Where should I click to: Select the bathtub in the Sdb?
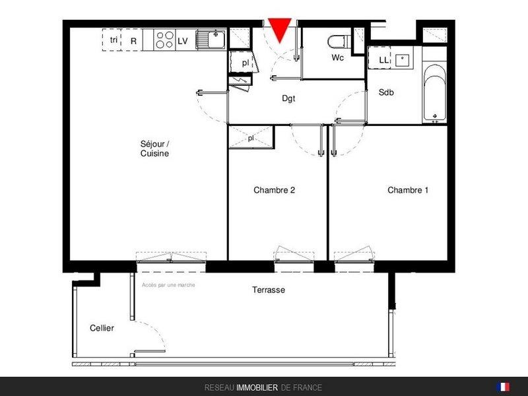coord(435,92)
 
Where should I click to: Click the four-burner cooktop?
coord(164,40)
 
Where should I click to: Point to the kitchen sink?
coord(211,40)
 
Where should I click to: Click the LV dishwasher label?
coord(183,41)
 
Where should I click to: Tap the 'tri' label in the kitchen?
coord(114,40)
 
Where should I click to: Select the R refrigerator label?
coord(134,41)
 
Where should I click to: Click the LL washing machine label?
coord(383,60)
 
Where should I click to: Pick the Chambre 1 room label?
coord(408,190)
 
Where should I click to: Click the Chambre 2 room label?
coord(274,190)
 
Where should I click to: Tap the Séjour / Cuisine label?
coord(155,148)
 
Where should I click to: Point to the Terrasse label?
coord(269,290)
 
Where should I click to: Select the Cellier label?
coord(102,328)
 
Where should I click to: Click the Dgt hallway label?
coord(288,98)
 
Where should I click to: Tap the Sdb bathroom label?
coord(386,92)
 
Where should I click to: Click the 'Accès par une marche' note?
coord(168,285)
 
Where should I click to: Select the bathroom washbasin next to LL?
coord(403,61)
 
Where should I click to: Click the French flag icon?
coord(503,387)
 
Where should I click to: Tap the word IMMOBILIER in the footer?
coord(257,388)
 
